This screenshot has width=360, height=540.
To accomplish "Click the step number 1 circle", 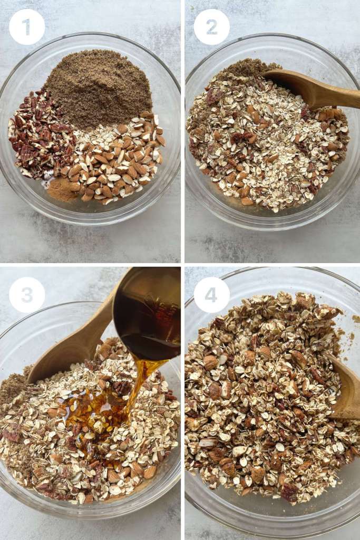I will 27,27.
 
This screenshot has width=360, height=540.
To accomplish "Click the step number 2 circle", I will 211,27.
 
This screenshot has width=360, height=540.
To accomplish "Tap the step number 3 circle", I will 27,295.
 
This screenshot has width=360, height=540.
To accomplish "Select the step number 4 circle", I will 211,295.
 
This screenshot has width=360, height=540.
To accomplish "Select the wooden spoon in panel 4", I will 345,390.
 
